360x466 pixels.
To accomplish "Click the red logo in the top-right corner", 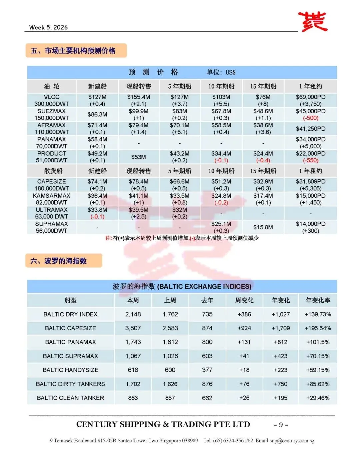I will [x=312, y=22].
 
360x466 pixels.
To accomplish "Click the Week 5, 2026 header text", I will [x=48, y=27].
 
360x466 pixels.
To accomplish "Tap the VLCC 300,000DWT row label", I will [x=52, y=100].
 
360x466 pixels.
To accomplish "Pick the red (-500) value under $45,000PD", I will [x=311, y=118].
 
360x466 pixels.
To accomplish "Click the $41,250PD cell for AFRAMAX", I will [x=311, y=129].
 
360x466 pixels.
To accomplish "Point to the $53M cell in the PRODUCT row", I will [x=139, y=157].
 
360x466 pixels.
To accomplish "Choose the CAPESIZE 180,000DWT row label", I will [x=52, y=185].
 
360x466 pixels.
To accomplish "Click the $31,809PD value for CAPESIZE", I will [x=311, y=182].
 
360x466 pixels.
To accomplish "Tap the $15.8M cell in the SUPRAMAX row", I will [x=263, y=227].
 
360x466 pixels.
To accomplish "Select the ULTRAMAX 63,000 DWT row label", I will [x=52, y=213].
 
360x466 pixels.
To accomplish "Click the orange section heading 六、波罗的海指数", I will [x=59, y=261].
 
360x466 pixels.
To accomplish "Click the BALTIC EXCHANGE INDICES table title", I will [x=182, y=287].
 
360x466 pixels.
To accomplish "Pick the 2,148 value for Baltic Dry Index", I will [x=133, y=314].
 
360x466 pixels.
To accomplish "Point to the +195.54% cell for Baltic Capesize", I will [x=318, y=328].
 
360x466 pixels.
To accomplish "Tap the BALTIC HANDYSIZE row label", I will [x=70, y=370].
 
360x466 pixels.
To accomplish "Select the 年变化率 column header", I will [x=318, y=300].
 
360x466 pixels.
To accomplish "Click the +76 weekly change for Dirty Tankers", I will [x=244, y=384].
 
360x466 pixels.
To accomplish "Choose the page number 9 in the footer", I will [x=281, y=425].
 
